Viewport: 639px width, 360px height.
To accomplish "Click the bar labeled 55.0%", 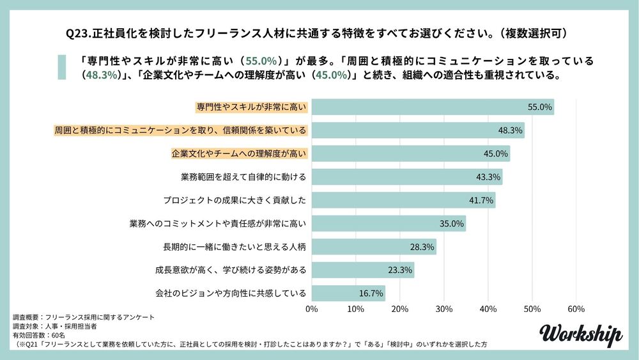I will pyautogui.click(x=433, y=107).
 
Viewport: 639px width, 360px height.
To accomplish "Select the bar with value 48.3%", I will pyautogui.click(x=418, y=130).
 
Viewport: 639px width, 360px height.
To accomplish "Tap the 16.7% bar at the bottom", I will pyautogui.click(x=348, y=293).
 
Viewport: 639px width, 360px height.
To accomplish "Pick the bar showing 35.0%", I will pyautogui.click(x=389, y=223).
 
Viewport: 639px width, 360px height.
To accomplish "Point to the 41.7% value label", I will pyautogui.click(x=481, y=200).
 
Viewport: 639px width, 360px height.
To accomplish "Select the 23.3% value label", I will pyautogui.click(x=400, y=270).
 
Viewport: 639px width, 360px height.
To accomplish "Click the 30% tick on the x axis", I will pyautogui.click(x=443, y=309).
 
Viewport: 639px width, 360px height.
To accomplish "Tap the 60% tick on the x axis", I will pyautogui.click(x=576, y=309).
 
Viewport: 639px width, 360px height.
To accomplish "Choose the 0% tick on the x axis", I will pyautogui.click(x=312, y=309).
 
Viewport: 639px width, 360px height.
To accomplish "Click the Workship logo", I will pyautogui.click(x=580, y=334).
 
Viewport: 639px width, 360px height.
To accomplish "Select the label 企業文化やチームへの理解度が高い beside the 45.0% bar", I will pyautogui.click(x=240, y=153).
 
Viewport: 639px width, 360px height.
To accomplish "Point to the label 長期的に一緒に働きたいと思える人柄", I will pyautogui.click(x=235, y=247).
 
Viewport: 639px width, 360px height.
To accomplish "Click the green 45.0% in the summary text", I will pyautogui.click(x=332, y=74).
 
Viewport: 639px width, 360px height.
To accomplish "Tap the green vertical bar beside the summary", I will pyautogui.click(x=62, y=67).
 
